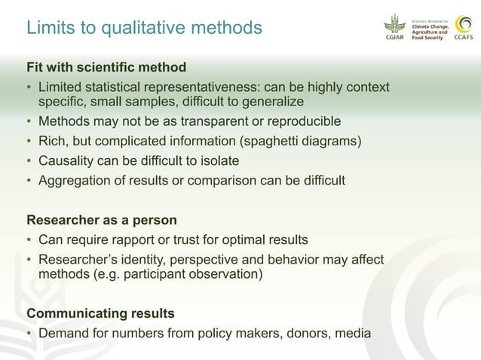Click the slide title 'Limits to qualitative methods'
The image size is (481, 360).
tap(144, 28)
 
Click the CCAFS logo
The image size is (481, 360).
tap(464, 28)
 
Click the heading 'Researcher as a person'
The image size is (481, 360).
tap(102, 221)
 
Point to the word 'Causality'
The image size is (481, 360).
tap(67, 160)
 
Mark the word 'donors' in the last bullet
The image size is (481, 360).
tap(308, 332)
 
